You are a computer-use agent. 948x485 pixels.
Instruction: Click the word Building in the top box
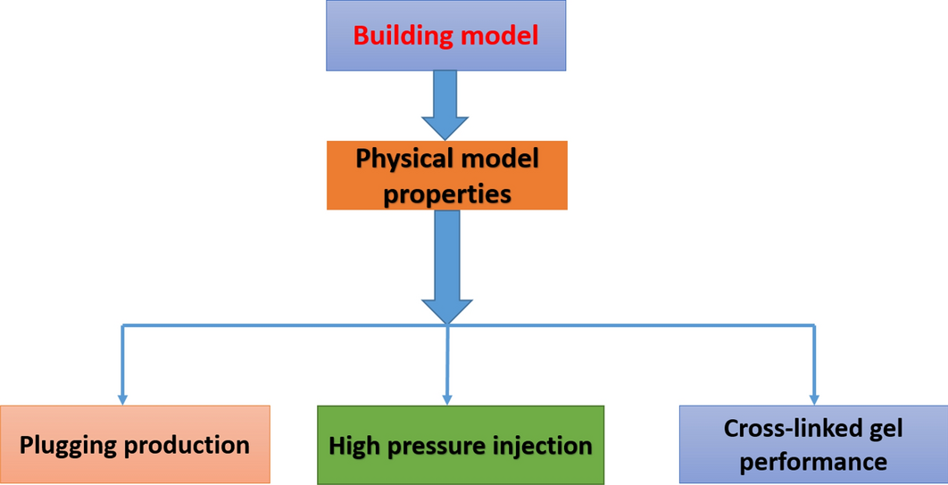coord(400,37)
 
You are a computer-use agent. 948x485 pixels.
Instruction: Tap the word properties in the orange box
coord(447,193)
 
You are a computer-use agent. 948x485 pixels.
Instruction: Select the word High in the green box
coord(352,446)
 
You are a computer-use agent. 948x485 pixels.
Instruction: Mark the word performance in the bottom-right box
coord(813,462)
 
